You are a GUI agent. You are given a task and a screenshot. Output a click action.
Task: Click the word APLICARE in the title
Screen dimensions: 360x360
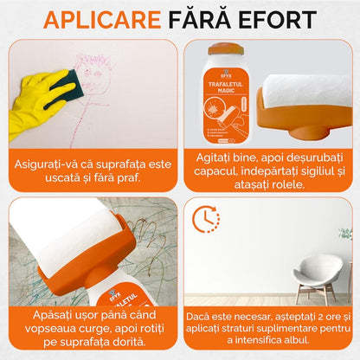(101, 19)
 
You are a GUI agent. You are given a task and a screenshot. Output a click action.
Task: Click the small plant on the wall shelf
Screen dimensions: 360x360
(346, 234)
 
